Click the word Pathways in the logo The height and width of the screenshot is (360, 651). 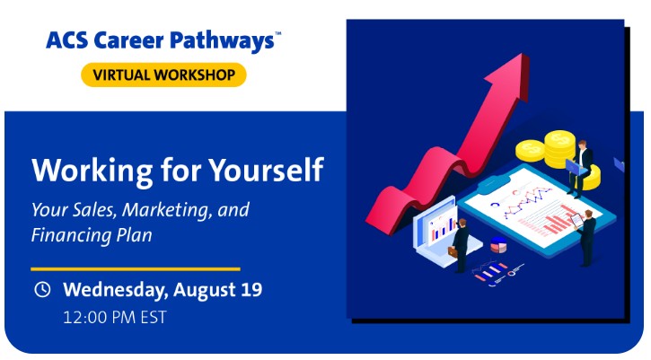[x=222, y=40]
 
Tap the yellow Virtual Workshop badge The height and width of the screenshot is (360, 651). [x=163, y=75]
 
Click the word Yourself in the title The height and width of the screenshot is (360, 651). [x=266, y=170]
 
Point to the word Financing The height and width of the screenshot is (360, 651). [x=72, y=236]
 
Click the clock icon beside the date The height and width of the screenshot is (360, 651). [x=42, y=289]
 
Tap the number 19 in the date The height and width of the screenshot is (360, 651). [x=251, y=289]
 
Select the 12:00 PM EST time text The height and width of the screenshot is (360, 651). [x=115, y=318]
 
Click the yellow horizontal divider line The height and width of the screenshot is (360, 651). [x=136, y=269]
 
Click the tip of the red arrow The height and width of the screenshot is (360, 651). [x=523, y=54]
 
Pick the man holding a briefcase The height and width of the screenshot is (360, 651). [x=459, y=245]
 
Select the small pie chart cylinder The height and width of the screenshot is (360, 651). [x=498, y=244]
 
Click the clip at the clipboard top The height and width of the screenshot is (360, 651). [x=494, y=183]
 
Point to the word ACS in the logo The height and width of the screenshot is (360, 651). [x=66, y=40]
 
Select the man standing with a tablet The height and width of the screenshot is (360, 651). [x=586, y=238]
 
